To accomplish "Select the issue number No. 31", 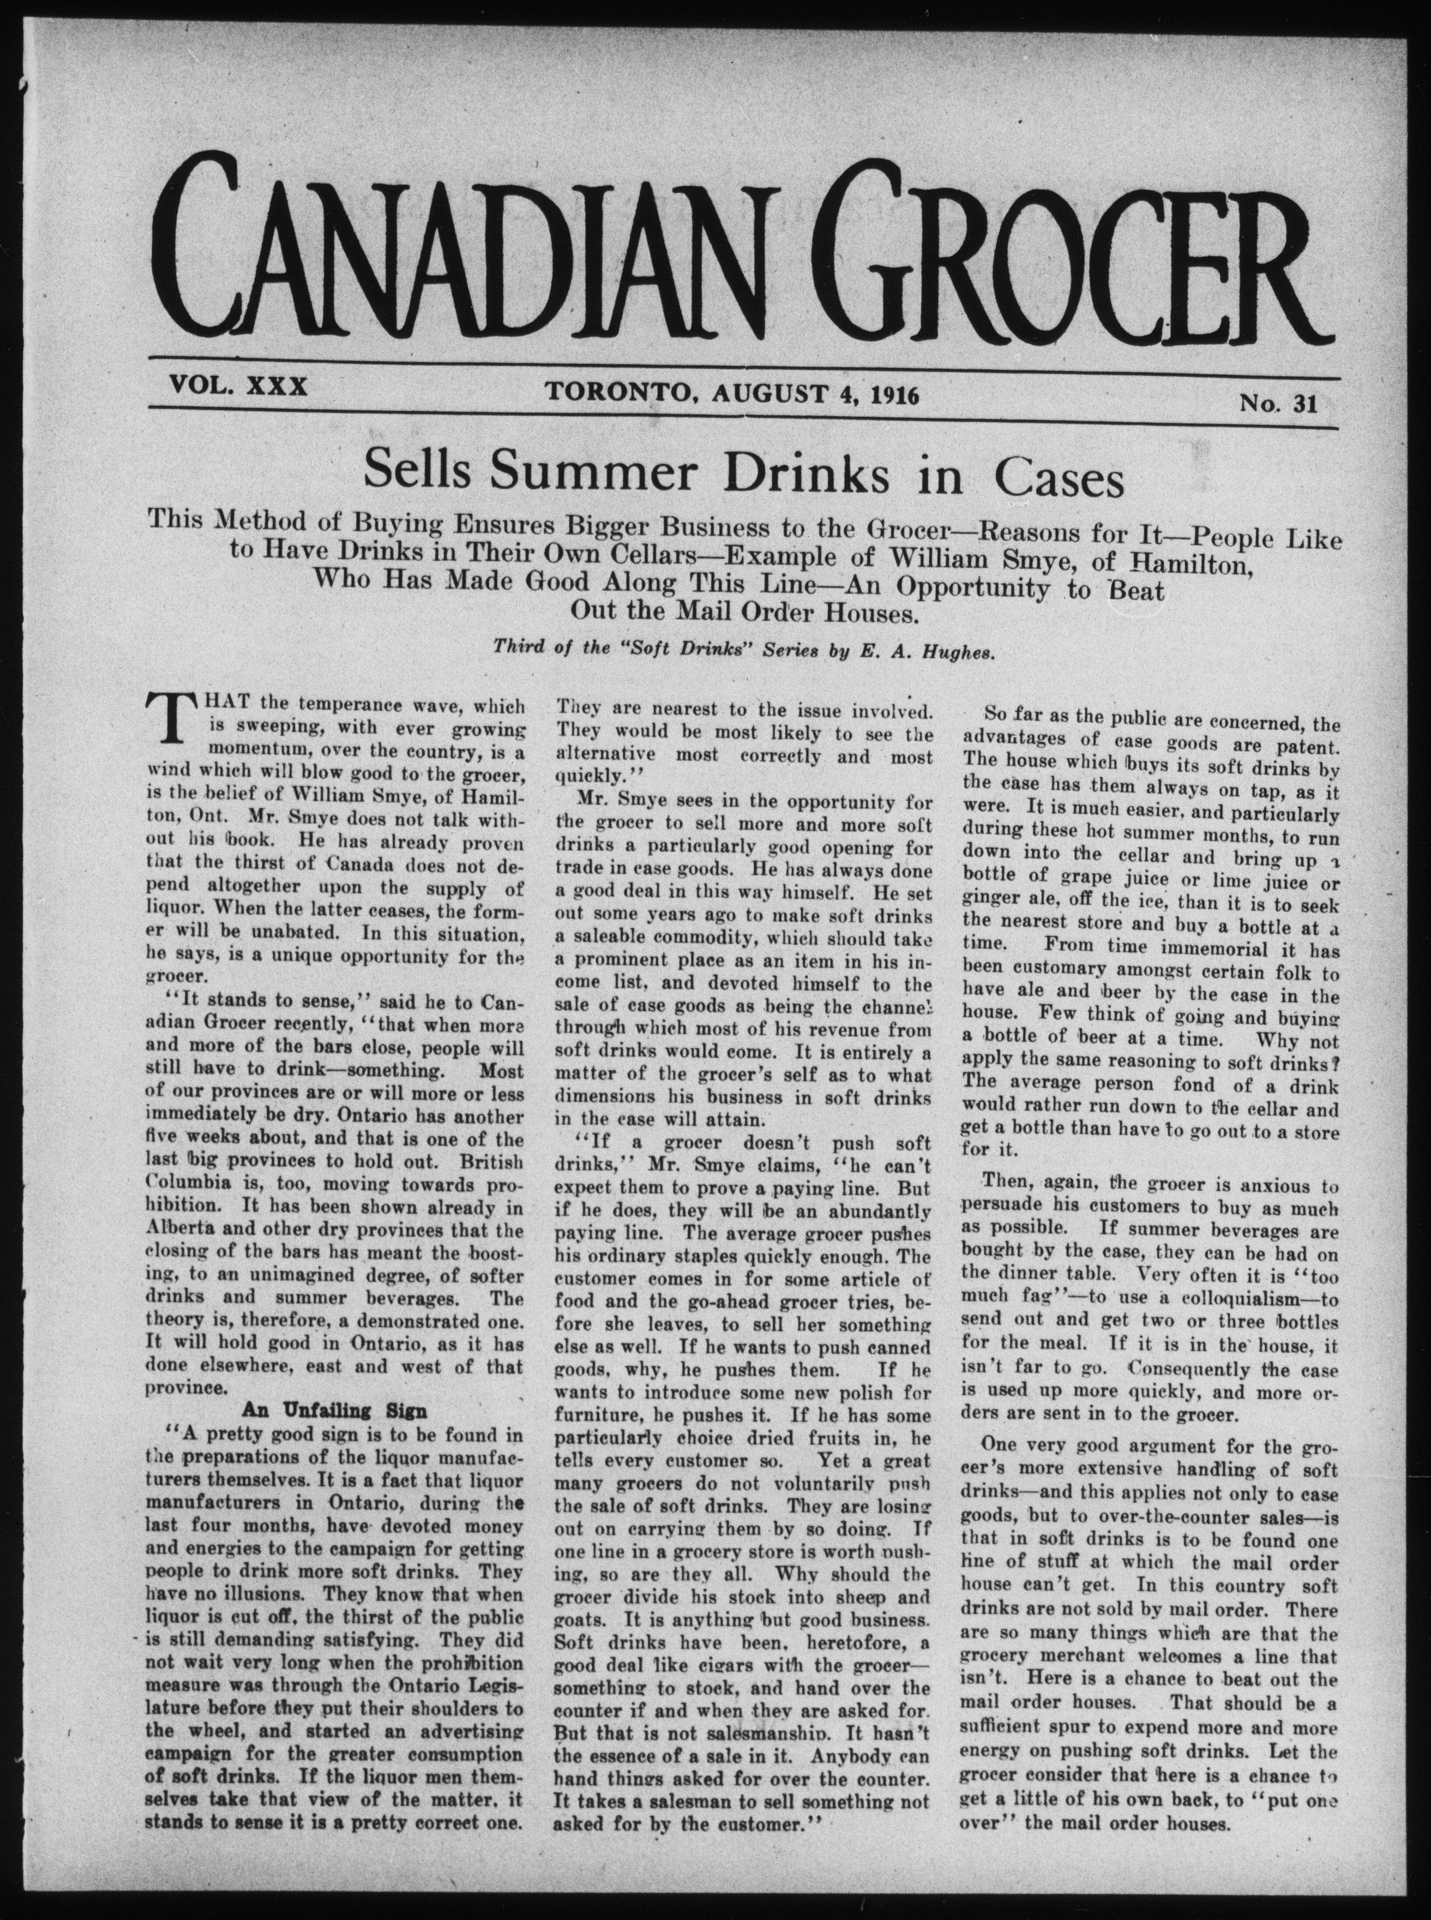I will pyautogui.click(x=1278, y=405).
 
